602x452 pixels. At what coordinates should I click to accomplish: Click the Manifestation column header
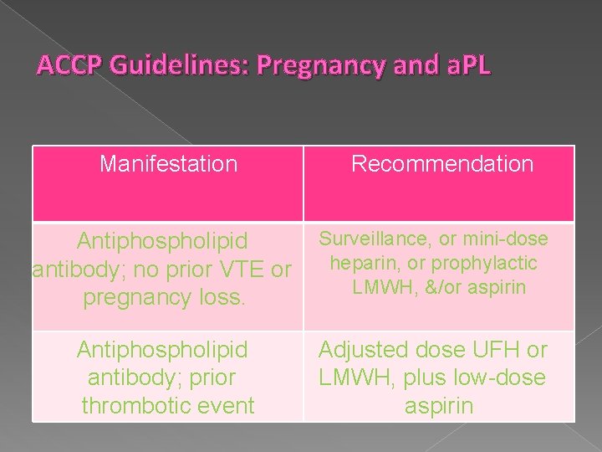tap(168, 163)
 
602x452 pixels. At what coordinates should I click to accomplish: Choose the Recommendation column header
tap(441, 163)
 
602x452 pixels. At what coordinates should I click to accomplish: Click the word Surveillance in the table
tap(374, 239)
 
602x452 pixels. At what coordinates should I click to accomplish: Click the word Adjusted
tap(367, 350)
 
